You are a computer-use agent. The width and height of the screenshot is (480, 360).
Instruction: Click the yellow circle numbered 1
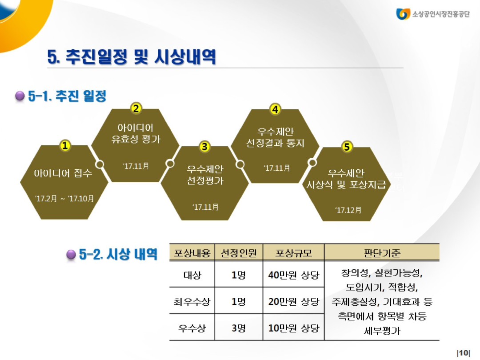(x=65, y=146)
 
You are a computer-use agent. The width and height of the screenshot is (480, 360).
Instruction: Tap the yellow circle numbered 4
(x=276, y=109)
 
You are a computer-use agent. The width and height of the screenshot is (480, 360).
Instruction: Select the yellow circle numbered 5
(x=347, y=147)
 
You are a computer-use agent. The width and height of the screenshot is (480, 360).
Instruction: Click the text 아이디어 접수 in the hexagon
(x=63, y=173)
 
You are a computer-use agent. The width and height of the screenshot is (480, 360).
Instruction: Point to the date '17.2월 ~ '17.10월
(x=64, y=198)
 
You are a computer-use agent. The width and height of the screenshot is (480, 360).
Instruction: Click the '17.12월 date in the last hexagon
(x=348, y=210)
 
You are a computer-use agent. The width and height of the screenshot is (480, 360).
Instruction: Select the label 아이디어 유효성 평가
(x=136, y=133)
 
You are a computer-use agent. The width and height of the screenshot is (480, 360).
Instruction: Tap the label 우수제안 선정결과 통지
(x=275, y=137)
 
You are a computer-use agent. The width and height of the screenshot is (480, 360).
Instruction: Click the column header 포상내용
(x=192, y=253)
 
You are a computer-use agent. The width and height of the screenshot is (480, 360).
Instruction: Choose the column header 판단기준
(x=382, y=253)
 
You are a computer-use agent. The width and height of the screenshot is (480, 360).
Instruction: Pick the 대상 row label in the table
(x=192, y=275)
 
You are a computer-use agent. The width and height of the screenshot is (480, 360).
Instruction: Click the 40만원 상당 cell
(x=293, y=275)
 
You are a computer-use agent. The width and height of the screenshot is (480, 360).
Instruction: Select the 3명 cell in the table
(x=238, y=328)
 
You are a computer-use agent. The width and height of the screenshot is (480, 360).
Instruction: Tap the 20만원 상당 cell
(x=293, y=302)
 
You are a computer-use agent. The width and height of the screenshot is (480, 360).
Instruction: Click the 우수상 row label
(x=192, y=328)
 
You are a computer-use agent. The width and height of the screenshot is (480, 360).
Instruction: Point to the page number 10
(x=463, y=353)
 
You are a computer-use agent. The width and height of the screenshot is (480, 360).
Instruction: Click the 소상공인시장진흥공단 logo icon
(x=403, y=14)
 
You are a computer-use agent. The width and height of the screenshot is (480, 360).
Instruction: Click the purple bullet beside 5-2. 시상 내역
(x=71, y=255)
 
